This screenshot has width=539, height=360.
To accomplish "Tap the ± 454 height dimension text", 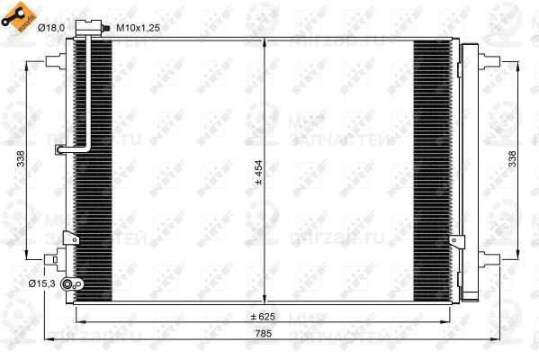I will tap(258, 171).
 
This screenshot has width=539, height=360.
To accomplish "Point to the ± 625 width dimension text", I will tap(261, 317).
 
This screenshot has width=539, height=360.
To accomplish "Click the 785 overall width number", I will tap(261, 333).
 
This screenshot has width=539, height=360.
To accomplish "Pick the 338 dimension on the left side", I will tap(20, 158).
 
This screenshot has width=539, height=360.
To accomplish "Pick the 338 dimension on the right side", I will tap(512, 158).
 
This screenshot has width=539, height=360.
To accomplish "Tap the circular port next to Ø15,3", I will tap(79, 284).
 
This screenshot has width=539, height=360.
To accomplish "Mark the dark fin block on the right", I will tap(432, 171).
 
